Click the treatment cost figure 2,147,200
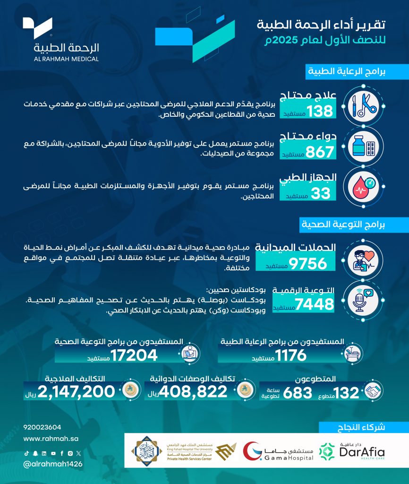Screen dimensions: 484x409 click(77, 392)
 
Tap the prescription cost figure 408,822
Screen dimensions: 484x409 click(193, 392)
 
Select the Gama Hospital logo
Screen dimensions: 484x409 click(279, 452)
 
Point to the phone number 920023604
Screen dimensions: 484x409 click(42, 427)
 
